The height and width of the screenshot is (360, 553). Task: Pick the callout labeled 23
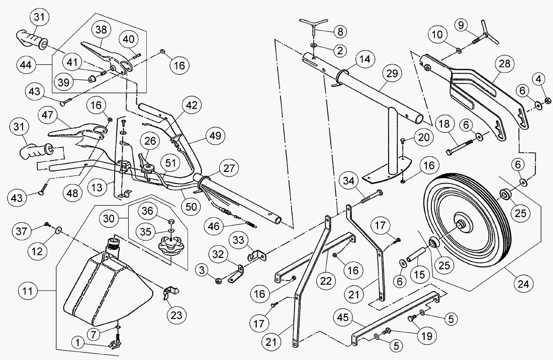(x=176, y=315)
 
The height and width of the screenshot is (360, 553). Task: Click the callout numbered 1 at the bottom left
(x=78, y=342)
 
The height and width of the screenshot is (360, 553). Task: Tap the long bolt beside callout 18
(x=459, y=145)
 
